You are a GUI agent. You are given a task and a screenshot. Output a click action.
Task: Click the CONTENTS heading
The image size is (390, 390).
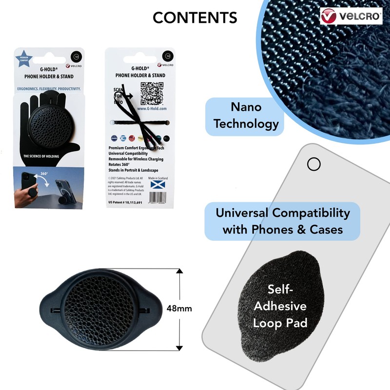click(x=195, y=18)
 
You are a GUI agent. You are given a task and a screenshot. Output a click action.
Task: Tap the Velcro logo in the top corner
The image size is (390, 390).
click(x=351, y=16)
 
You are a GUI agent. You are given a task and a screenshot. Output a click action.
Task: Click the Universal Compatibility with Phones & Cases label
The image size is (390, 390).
click(x=283, y=221)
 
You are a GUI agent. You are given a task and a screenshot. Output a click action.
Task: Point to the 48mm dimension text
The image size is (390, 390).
click(x=179, y=308)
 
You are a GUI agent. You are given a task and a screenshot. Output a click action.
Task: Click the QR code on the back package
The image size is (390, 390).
click(x=152, y=94)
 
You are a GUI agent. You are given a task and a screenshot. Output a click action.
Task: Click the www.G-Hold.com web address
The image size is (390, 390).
click(x=153, y=109)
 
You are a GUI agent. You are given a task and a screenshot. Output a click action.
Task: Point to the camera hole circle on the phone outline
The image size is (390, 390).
click(x=314, y=164)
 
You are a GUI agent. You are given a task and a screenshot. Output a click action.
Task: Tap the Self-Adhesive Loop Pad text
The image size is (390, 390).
click(x=280, y=306)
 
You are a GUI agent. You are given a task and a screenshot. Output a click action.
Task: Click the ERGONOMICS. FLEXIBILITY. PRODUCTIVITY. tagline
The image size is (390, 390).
click(x=47, y=89)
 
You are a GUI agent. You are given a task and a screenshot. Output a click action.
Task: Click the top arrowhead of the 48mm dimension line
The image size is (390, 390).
click(x=179, y=271)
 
